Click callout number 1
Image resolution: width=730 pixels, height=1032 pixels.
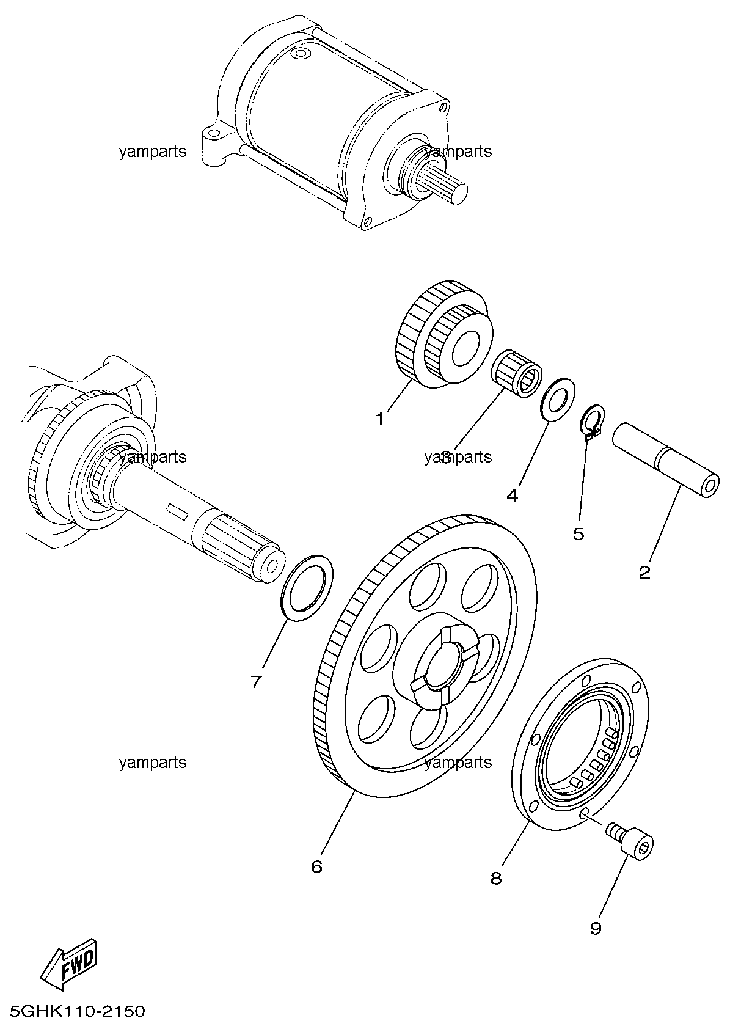coord(380,419)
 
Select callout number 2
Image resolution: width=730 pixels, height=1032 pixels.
coord(644,572)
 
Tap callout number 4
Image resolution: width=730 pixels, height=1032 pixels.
coord(512,496)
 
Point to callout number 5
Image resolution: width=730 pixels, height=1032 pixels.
coord(579,534)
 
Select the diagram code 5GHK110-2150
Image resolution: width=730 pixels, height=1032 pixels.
coord(78,1012)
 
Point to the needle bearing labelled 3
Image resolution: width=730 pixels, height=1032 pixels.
coord(516,373)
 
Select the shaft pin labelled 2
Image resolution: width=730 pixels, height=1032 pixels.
coord(665,460)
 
